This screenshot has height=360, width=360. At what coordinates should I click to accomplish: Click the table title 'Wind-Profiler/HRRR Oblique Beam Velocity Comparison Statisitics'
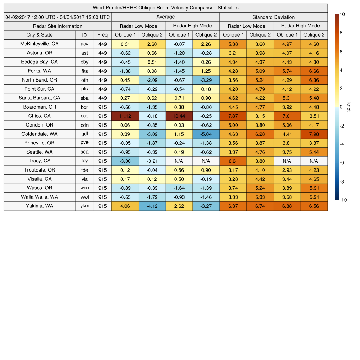(166, 8)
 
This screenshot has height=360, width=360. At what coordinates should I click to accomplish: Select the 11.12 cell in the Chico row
(125, 116)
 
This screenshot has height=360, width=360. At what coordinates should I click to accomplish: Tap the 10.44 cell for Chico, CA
(179, 116)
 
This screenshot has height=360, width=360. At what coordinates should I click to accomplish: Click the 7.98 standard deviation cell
(314, 134)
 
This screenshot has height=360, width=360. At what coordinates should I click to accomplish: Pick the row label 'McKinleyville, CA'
(39, 44)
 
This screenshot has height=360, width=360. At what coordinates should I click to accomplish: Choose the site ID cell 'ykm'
(84, 206)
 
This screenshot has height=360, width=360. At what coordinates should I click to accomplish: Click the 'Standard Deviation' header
(274, 17)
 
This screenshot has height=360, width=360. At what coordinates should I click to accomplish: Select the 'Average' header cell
(165, 17)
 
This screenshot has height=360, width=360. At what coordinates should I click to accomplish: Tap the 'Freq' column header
(102, 35)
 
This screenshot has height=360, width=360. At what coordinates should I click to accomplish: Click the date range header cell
(58, 17)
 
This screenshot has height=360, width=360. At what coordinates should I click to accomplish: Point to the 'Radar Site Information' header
(58, 26)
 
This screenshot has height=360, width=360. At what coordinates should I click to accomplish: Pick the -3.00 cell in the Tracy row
(125, 161)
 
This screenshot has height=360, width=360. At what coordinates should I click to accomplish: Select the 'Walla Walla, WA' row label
(39, 197)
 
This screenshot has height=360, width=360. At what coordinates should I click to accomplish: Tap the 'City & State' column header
(39, 35)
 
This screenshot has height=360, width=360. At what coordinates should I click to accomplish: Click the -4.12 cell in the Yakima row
(152, 206)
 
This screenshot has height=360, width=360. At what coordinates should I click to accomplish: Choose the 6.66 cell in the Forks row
(314, 71)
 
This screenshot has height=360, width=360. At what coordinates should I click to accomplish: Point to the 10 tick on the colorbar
(342, 14)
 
